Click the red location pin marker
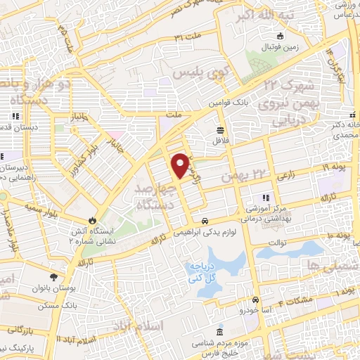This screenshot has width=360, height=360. click(x=181, y=165)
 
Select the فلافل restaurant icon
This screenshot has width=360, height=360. click(x=221, y=130)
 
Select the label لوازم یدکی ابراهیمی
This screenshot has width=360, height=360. click(x=205, y=232)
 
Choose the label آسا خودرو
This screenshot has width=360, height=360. click(x=255, y=309)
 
